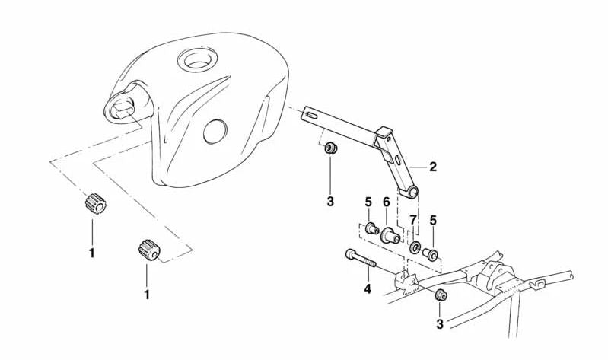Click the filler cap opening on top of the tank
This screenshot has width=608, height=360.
click(x=196, y=59)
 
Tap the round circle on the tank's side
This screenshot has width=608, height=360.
click(x=215, y=131)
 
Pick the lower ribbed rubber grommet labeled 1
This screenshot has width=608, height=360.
click(x=149, y=250)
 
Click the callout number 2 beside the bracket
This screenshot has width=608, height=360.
click(x=433, y=167)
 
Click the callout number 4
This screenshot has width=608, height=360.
click(x=368, y=288)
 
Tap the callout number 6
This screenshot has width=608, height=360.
click(x=387, y=202)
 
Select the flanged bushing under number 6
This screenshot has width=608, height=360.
click(x=390, y=235)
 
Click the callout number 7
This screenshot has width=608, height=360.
click(x=413, y=220)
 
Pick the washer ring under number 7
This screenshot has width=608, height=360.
click(x=416, y=246)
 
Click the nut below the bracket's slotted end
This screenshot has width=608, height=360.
click(x=330, y=148)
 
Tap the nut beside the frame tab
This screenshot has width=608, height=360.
click(x=441, y=295)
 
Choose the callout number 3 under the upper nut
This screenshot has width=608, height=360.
click(x=330, y=202)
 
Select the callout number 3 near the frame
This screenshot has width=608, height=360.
click(x=440, y=324)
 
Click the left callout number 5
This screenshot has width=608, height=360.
click(x=368, y=202)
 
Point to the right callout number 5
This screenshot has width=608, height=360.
click(x=433, y=220)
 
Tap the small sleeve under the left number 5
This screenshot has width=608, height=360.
click(x=373, y=229)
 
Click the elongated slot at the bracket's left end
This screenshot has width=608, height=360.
click(x=310, y=115)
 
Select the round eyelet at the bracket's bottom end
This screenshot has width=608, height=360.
click(x=412, y=192)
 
